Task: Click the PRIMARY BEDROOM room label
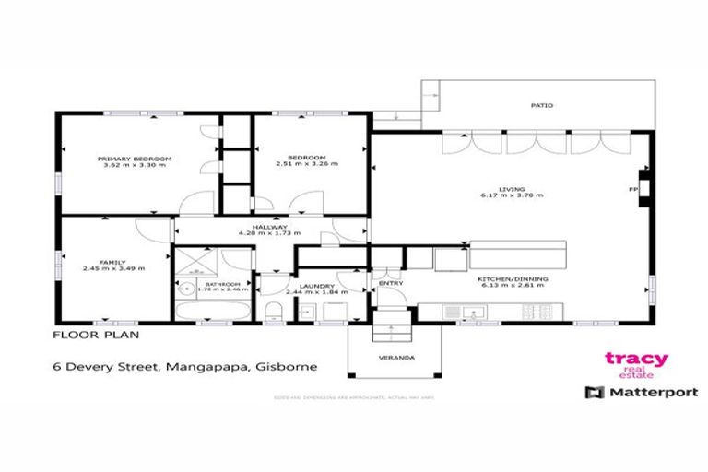(x=136, y=159)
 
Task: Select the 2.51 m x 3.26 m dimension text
(x=307, y=164)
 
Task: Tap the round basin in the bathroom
(x=184, y=287)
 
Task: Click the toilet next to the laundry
(x=274, y=310)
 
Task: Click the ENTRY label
(x=391, y=284)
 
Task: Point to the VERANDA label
(x=391, y=357)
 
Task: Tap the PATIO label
(x=541, y=106)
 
